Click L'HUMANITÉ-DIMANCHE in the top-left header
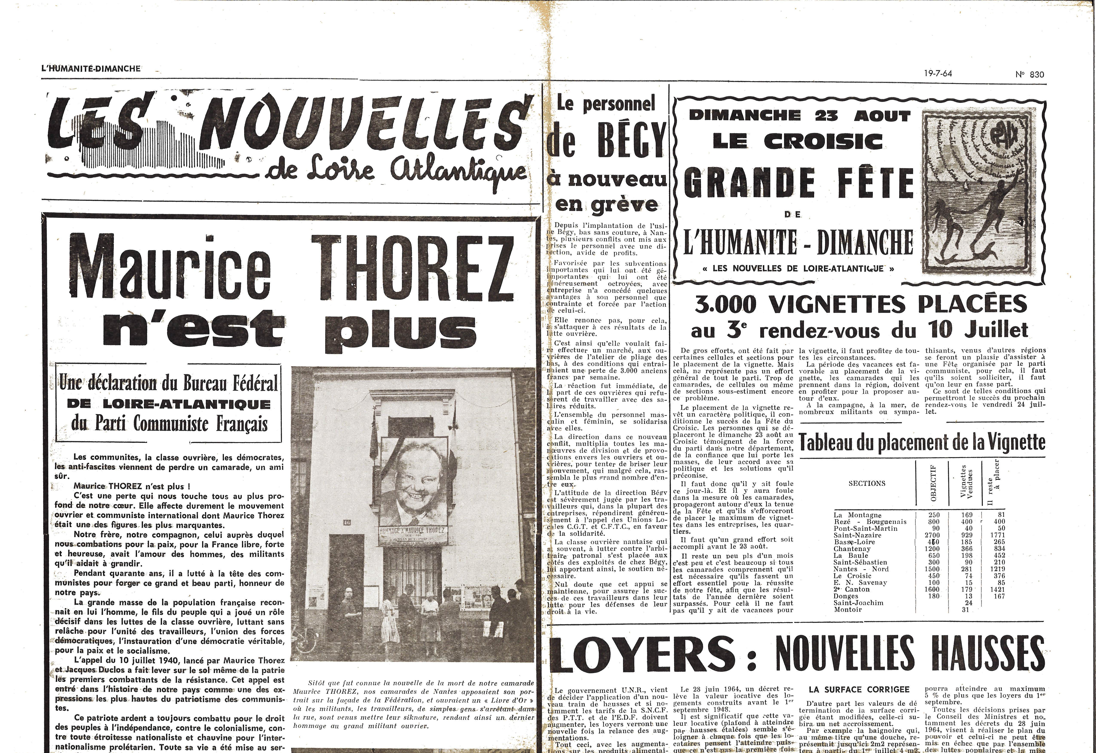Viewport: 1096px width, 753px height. pyautogui.click(x=91, y=68)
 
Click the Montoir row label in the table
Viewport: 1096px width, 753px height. pyautogui.click(x=848, y=610)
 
